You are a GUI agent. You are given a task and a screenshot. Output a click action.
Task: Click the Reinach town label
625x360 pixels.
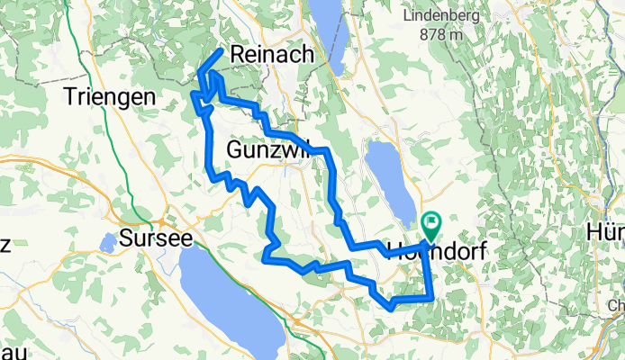tap(273, 55)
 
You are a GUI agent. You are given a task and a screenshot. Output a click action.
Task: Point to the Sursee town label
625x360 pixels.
tap(156, 240)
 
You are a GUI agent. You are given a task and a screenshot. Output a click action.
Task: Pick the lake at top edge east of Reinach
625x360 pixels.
tap(325, 36)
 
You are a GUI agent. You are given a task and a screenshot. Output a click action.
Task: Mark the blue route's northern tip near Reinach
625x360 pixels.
tap(221, 52)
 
